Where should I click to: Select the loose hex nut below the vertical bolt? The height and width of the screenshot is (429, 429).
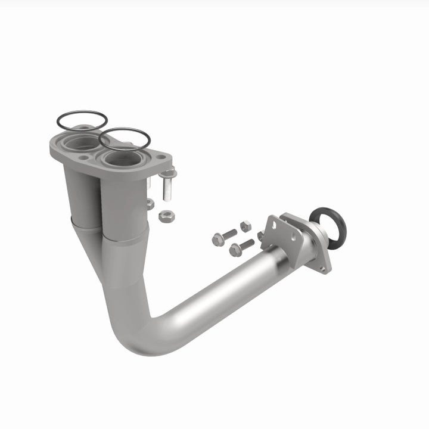coord(166,216)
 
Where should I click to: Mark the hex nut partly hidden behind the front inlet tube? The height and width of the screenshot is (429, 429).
coord(150,204)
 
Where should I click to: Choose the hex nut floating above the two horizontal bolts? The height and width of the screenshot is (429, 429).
coord(245,226)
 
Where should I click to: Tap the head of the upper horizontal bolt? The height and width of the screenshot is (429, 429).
coord(218,240)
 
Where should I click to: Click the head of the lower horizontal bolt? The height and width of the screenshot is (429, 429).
coord(235,250)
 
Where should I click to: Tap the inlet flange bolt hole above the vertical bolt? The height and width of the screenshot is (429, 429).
coord(161,157)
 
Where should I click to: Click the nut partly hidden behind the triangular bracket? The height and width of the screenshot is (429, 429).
coord(260,236)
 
